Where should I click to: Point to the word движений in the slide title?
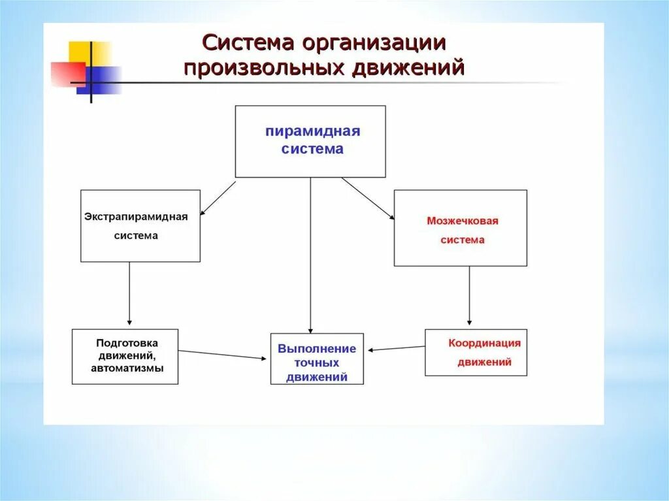409,68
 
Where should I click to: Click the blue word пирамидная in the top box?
312,131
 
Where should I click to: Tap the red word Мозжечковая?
463,221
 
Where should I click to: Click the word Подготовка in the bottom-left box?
127,342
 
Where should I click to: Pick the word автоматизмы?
127,368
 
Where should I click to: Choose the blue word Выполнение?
317,349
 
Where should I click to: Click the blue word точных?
317,363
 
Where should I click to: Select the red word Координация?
484,343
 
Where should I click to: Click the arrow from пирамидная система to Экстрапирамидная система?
218,198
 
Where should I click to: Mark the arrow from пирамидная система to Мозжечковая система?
368,199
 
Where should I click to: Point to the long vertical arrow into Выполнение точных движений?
310,255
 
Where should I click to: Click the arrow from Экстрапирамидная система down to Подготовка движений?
129,294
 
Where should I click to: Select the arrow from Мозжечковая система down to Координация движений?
469,295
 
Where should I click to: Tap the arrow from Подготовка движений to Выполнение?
222,354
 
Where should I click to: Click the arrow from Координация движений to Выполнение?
396,348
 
